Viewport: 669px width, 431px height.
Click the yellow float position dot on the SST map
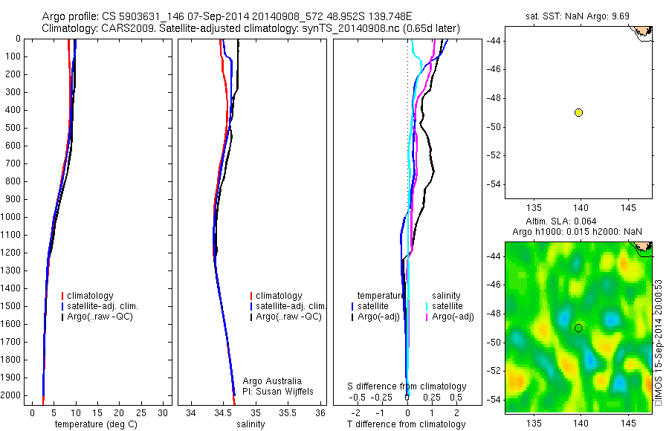[578, 112]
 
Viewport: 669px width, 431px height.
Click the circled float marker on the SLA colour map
[578, 328]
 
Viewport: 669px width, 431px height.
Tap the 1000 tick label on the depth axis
[11, 217]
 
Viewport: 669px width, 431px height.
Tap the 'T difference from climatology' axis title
[406, 424]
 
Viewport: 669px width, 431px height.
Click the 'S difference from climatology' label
[407, 386]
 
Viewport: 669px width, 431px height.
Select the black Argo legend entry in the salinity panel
[288, 317]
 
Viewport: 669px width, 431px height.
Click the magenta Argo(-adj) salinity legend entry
[453, 317]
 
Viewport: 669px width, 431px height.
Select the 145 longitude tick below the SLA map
[629, 423]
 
